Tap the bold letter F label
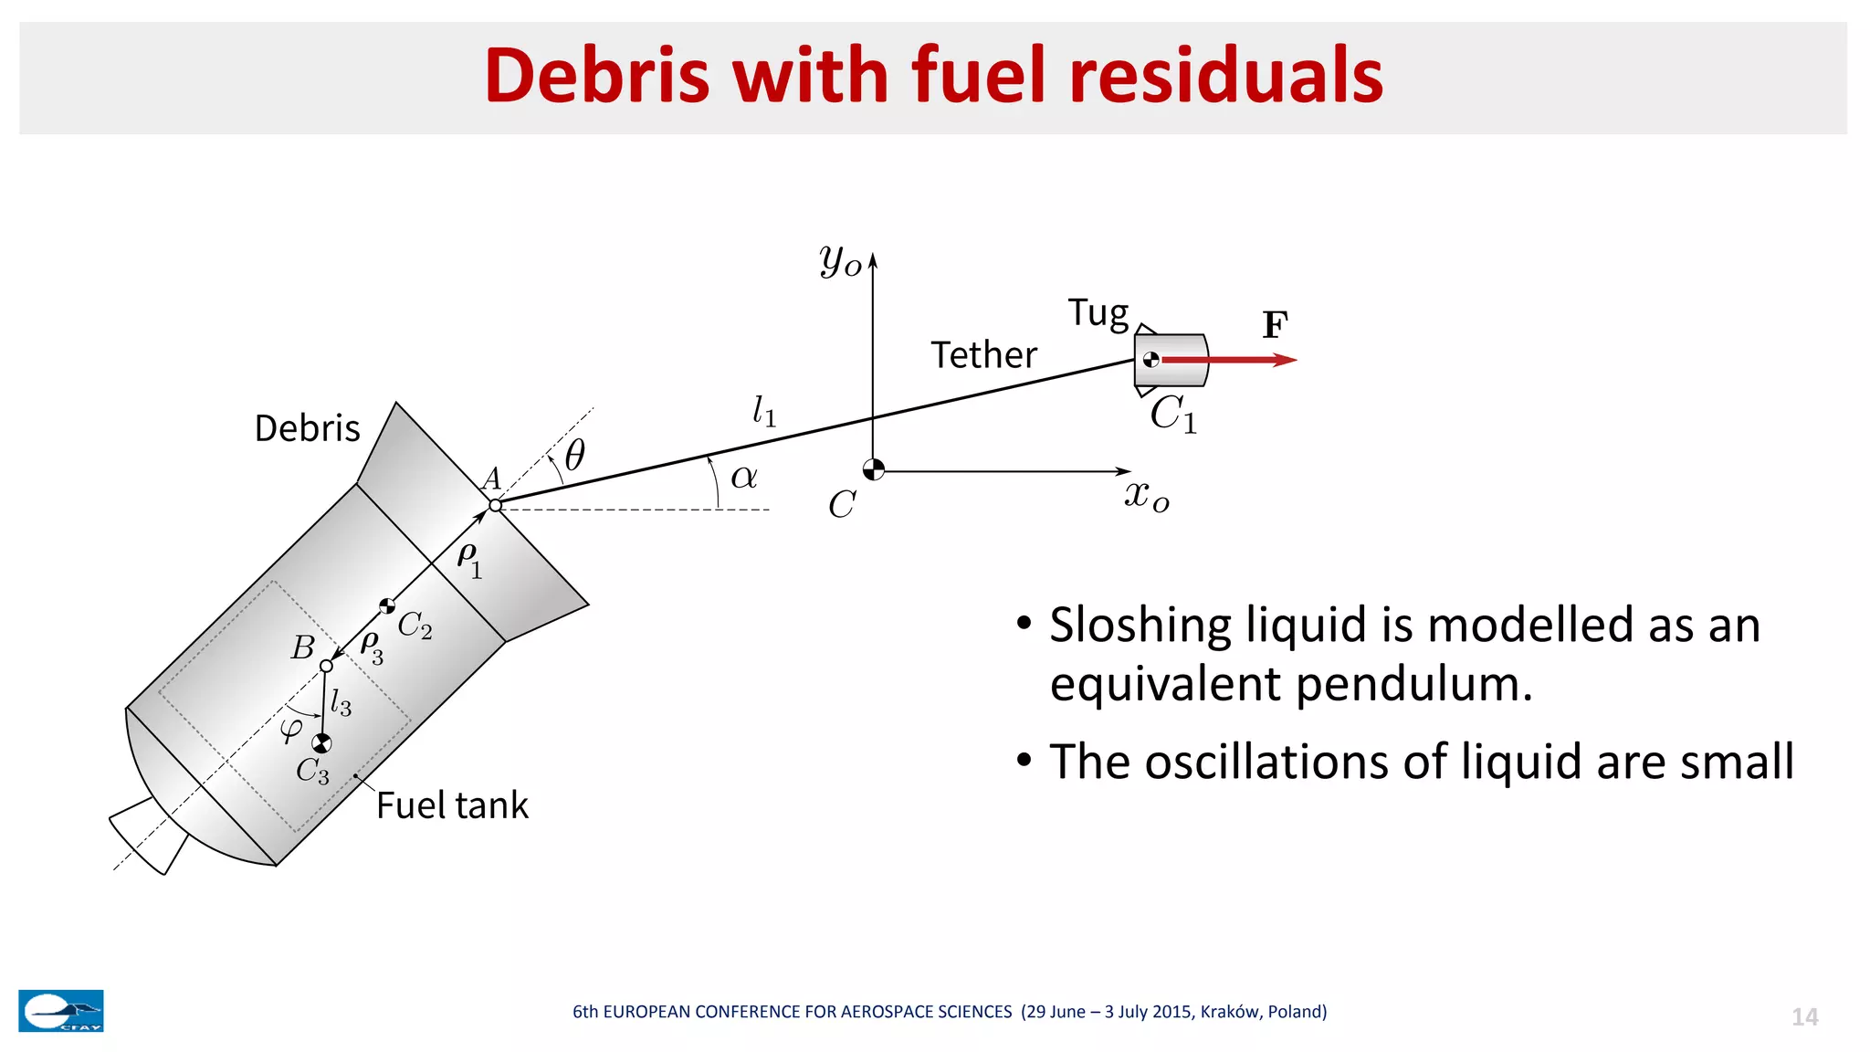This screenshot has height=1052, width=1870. [1275, 325]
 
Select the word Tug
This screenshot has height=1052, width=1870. [1098, 313]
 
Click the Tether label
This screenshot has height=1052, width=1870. [983, 354]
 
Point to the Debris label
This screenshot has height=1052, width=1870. [307, 428]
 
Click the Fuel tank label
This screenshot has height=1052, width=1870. [452, 805]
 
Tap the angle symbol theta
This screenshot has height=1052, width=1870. [574, 455]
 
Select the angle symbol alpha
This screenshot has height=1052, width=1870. [744, 477]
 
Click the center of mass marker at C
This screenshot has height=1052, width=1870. [874, 469]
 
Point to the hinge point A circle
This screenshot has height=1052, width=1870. [495, 505]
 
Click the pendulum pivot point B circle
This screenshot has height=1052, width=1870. [326, 666]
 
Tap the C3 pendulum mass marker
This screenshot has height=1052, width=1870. [321, 743]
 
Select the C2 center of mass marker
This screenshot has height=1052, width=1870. [387, 606]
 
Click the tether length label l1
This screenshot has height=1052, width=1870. [763, 411]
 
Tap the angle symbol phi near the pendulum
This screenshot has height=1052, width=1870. [291, 729]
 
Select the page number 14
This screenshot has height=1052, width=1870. [1804, 1017]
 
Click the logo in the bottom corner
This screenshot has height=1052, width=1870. [61, 1011]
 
